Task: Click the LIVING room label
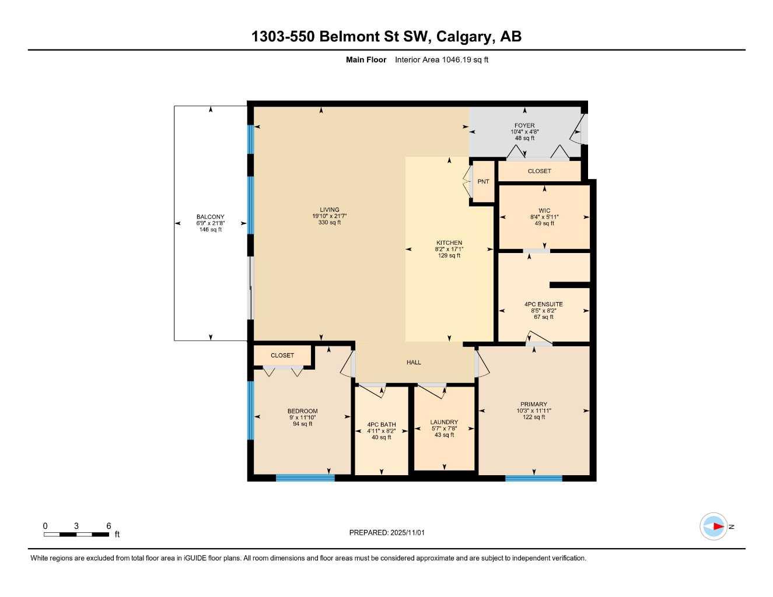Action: point(329,210)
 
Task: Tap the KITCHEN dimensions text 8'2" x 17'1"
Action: point(449,249)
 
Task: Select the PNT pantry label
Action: point(483,181)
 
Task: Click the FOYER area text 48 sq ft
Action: point(524,138)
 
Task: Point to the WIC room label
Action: point(544,210)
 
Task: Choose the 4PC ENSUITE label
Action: point(543,304)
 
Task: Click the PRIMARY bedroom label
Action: point(533,404)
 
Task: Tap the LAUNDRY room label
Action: point(444,422)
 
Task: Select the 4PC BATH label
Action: point(381,424)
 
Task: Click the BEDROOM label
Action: point(302,411)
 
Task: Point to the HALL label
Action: point(414,362)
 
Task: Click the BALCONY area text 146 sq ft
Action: point(210,230)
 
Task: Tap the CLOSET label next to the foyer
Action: point(539,171)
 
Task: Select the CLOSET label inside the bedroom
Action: point(282,355)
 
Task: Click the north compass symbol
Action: point(714,526)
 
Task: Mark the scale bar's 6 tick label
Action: point(109,526)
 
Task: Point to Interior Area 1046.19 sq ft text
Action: point(442,59)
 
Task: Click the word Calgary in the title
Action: point(463,37)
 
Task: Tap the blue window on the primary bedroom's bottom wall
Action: point(533,479)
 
